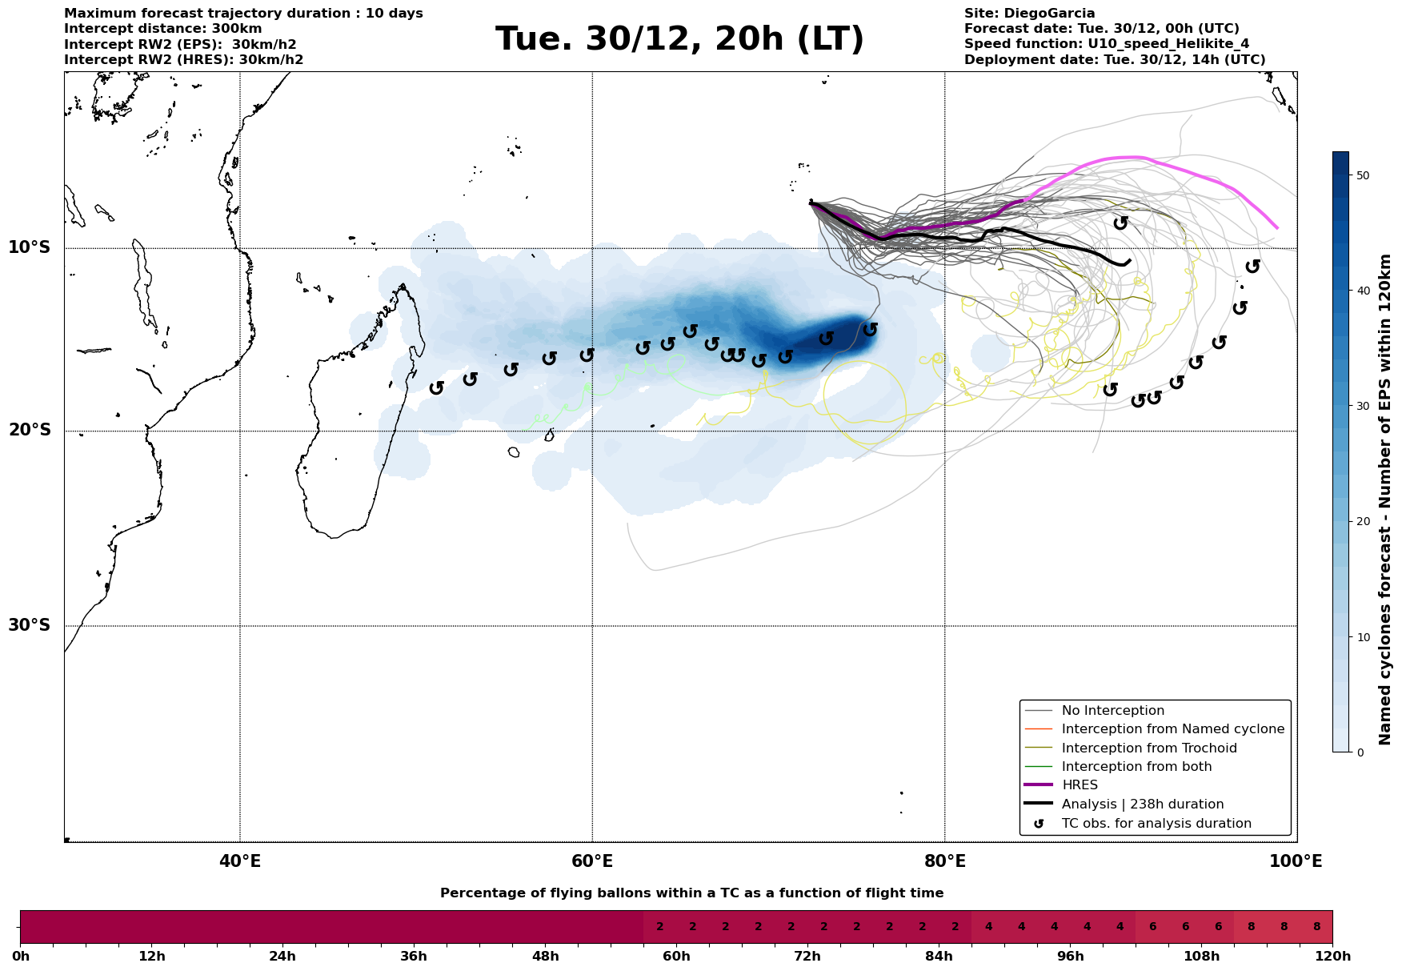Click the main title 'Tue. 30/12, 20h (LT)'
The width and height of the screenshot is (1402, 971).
(679, 39)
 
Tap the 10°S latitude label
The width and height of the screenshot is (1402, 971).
(30, 247)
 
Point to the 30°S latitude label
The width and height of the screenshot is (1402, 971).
(30, 625)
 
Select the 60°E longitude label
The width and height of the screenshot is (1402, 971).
(592, 861)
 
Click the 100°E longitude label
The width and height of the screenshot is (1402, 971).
(1296, 861)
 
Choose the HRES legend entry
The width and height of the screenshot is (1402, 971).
(1080, 785)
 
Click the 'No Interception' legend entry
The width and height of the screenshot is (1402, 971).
(1112, 711)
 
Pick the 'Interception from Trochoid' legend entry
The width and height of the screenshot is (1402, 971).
(1148, 748)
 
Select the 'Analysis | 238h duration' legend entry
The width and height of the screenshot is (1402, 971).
(1142, 804)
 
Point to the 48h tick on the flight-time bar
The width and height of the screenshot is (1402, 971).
(545, 957)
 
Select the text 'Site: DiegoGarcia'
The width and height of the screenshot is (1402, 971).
(1029, 14)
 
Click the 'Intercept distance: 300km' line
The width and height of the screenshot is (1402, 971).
(162, 29)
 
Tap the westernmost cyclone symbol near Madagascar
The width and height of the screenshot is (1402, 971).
(437, 388)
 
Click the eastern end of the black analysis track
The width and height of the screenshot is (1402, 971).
(1129, 261)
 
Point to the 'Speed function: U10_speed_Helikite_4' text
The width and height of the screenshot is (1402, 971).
(1106, 44)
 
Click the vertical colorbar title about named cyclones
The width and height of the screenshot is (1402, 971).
(1385, 500)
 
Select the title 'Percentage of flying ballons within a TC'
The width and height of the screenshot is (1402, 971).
(691, 893)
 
